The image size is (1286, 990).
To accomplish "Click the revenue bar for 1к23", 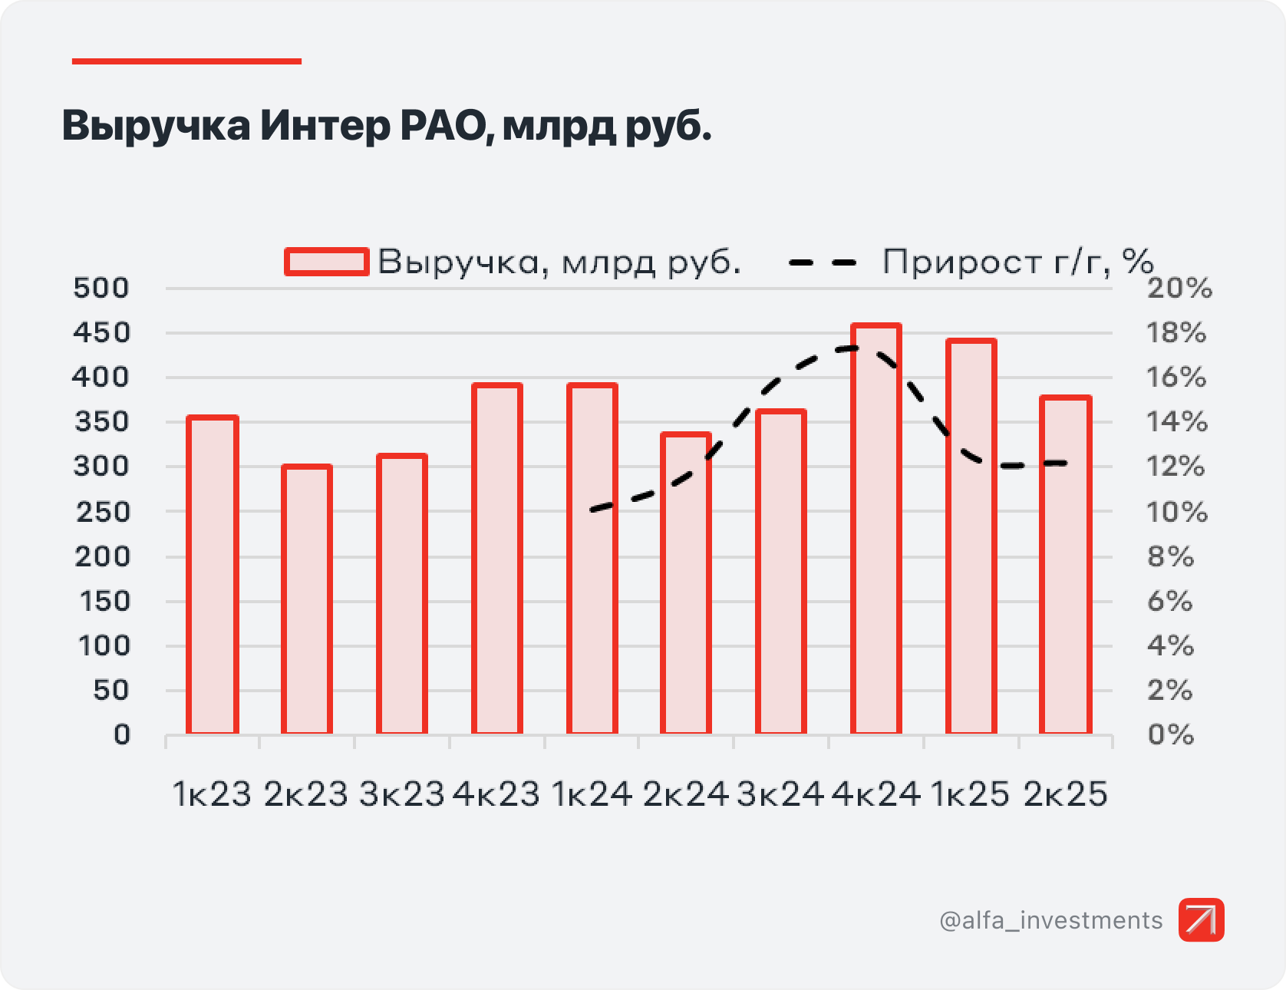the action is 213,575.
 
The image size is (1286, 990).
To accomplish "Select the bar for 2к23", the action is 307,599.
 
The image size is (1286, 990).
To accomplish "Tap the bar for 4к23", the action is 497,559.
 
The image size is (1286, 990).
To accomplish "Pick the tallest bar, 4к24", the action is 876,529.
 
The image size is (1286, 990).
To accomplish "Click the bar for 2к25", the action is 1066,565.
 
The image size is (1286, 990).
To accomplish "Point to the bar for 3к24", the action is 781,572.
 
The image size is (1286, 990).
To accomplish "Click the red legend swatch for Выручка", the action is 327,262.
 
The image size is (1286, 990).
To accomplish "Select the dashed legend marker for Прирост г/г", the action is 823,262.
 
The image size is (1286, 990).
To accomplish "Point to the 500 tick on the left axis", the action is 101,289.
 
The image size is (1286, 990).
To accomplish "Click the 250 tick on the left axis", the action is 103,512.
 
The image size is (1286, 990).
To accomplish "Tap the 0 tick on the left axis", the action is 122,735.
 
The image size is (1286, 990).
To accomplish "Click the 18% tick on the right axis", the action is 1176,333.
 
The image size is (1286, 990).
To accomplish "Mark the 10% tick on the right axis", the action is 1177,512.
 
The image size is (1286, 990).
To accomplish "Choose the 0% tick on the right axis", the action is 1171,735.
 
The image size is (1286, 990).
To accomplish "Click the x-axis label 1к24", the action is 592,794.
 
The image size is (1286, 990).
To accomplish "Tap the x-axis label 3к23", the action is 401,794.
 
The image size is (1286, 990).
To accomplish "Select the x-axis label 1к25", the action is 971,794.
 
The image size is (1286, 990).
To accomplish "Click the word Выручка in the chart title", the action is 156,125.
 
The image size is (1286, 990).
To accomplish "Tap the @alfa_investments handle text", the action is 1051,920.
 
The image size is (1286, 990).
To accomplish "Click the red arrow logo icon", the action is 1202,919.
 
